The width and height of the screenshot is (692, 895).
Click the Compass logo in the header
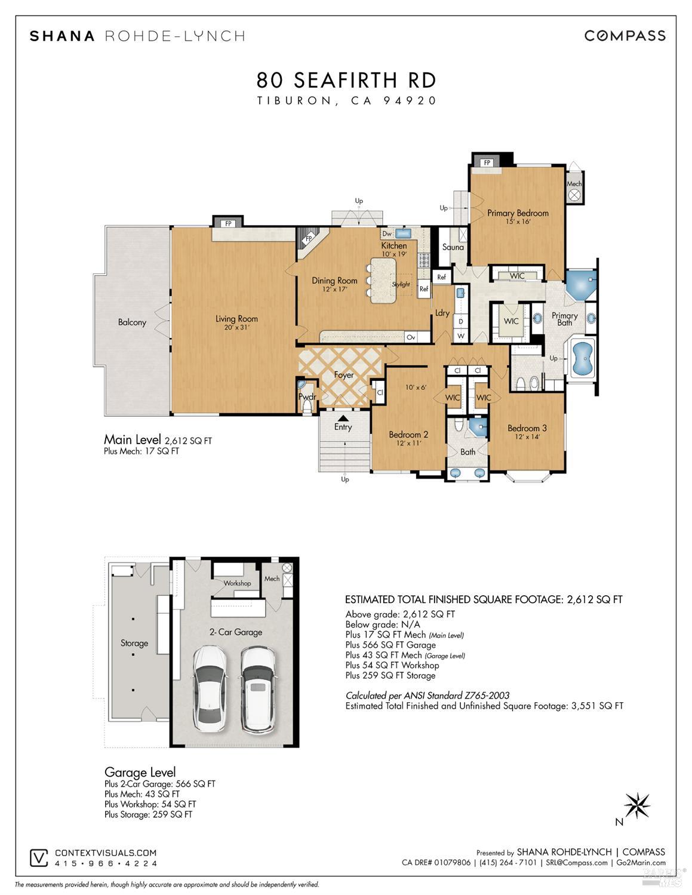pyautogui.click(x=625, y=36)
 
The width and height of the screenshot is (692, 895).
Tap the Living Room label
pyautogui.click(x=237, y=318)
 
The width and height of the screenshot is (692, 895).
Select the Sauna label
pyautogui.click(x=453, y=247)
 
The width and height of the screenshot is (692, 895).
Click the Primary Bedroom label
pyautogui.click(x=518, y=213)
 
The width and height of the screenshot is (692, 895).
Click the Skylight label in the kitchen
pyautogui.click(x=401, y=284)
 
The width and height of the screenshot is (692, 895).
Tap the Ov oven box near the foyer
pyautogui.click(x=411, y=337)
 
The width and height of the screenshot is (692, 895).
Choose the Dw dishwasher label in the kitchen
pyautogui.click(x=387, y=234)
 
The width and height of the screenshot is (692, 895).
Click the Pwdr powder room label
pyautogui.click(x=307, y=396)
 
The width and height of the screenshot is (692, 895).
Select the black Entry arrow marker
pyautogui.click(x=343, y=418)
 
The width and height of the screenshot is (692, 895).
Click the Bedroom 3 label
pyautogui.click(x=527, y=428)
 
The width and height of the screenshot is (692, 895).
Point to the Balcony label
pyautogui.click(x=132, y=322)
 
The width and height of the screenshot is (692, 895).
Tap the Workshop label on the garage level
pyautogui.click(x=237, y=583)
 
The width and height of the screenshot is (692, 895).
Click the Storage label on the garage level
pyautogui.click(x=134, y=643)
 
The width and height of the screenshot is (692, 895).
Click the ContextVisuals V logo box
pyautogui.click(x=39, y=858)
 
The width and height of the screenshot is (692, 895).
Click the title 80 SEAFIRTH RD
pyautogui.click(x=346, y=80)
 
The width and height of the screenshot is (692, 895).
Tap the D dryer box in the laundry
pyautogui.click(x=461, y=321)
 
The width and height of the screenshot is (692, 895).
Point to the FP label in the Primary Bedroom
pyautogui.click(x=487, y=162)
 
